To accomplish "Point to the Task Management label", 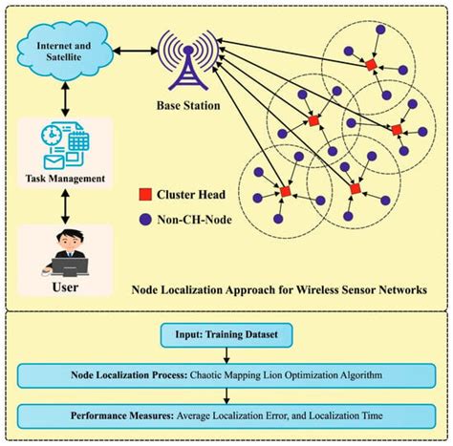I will click(64, 177).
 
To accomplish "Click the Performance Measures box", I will click(226, 416).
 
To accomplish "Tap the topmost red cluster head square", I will click(371, 65).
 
